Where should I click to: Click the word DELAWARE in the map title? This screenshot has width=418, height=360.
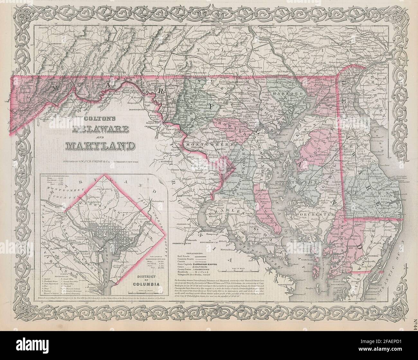(x=96, y=130)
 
